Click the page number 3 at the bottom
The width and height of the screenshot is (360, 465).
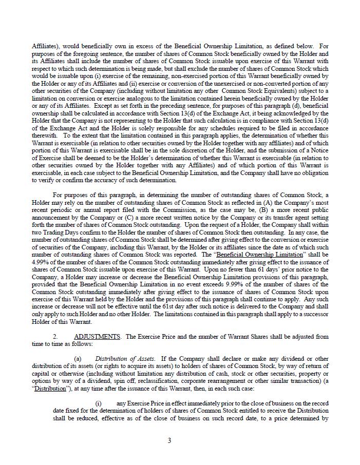pyautogui.click(x=169, y=440)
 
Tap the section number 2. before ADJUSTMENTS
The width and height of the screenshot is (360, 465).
pyautogui.click(x=55, y=337)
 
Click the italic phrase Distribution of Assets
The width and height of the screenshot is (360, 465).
pyautogui.click(x=125, y=358)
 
